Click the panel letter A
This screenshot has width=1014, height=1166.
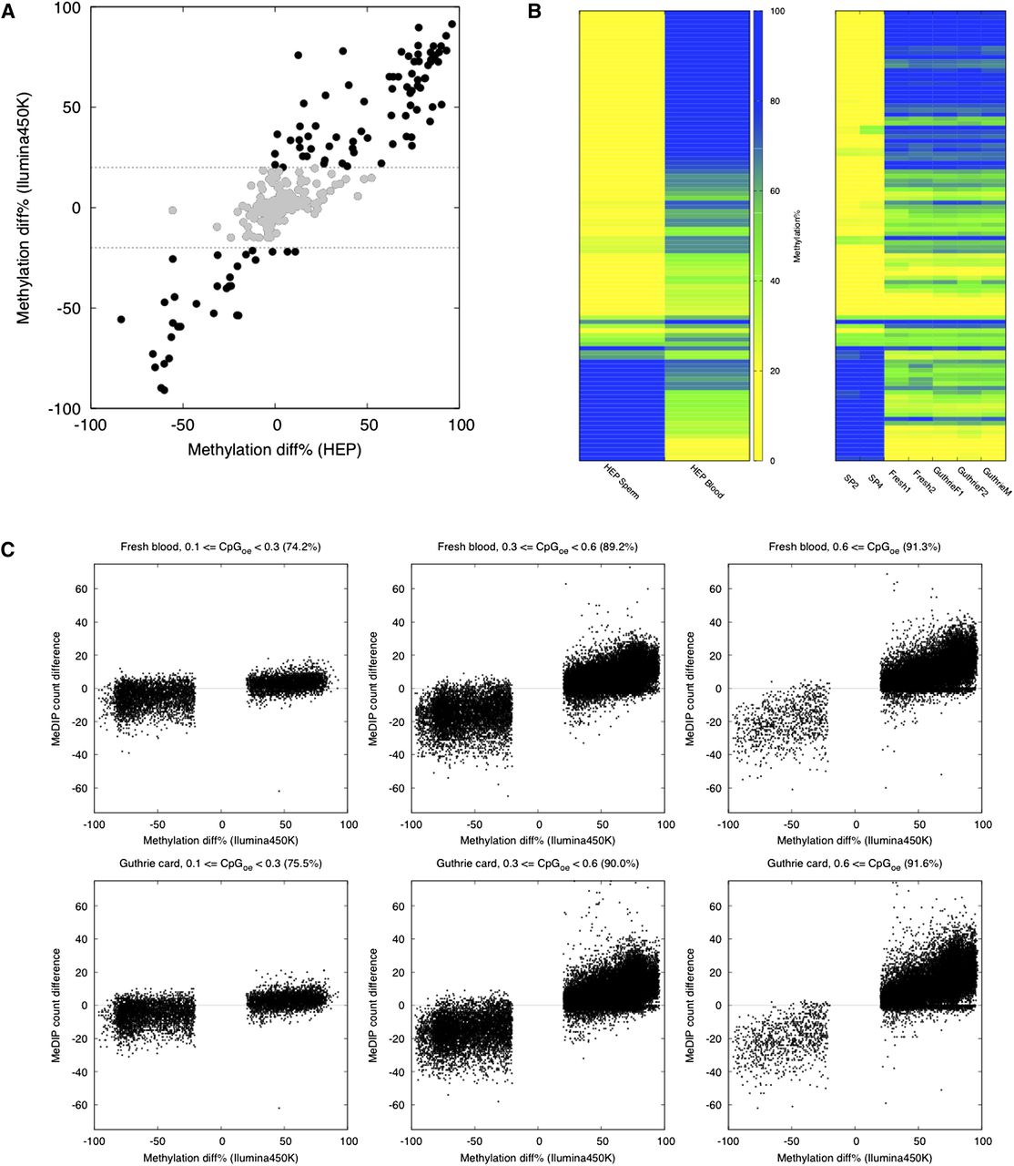click(8, 12)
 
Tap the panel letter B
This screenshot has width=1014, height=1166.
click(534, 12)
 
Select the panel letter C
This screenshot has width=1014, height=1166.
click(8, 549)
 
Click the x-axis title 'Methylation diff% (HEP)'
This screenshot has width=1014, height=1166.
click(274, 450)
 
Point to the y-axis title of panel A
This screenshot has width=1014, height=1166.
click(24, 208)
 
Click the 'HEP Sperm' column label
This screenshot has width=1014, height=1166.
click(622, 482)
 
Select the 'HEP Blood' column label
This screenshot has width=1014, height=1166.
click(706, 482)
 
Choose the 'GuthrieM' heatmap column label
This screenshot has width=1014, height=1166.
click(997, 482)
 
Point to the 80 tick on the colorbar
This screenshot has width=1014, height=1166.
click(775, 101)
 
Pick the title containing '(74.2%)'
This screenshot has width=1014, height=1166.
click(220, 547)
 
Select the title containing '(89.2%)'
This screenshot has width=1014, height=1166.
click(537, 547)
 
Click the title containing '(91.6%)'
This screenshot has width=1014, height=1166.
click(855, 864)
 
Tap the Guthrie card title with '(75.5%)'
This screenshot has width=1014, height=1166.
click(220, 864)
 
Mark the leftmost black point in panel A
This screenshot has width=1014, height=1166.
click(121, 319)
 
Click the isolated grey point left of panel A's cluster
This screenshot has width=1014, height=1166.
click(173, 210)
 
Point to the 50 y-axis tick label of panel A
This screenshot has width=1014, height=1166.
click(71, 107)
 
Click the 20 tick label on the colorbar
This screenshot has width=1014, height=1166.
click(775, 371)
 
